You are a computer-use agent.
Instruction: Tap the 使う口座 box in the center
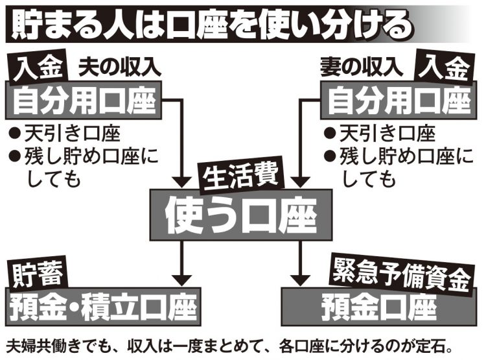241,215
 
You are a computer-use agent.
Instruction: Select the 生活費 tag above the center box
241,178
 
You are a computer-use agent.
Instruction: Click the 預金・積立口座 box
103,307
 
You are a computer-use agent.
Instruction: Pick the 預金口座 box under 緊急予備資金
378,307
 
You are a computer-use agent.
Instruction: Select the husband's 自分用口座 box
84,101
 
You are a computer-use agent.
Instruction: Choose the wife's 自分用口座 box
399,101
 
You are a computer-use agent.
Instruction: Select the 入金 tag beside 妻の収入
443,67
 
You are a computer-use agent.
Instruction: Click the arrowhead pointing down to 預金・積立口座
181,280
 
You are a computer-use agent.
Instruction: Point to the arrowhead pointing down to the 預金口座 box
300,280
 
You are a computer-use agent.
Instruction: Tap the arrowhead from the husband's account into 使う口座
181,182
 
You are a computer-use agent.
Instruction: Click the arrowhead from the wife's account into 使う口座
300,182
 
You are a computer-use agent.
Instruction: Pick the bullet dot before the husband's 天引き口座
14,134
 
